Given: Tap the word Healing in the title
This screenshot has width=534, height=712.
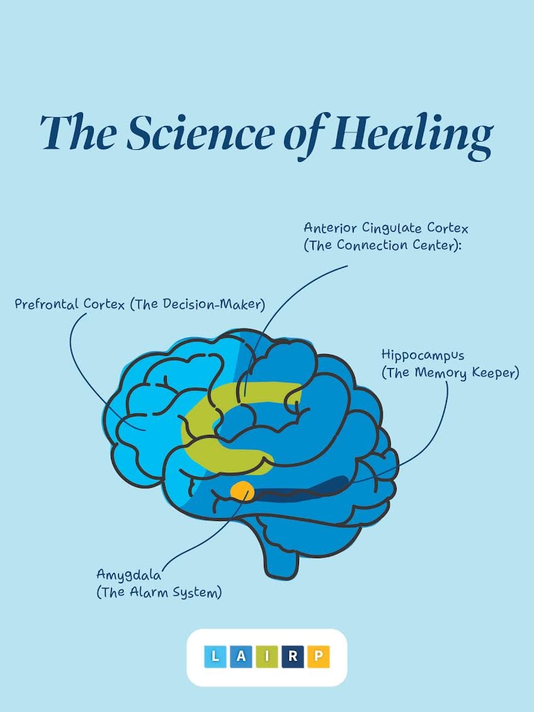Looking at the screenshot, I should coord(412,134).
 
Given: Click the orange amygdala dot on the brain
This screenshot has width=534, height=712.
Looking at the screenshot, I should coord(242,491).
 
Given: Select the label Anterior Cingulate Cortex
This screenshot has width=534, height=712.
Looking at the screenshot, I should coord(386,227).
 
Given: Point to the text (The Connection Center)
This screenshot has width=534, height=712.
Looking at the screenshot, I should coord(383,246).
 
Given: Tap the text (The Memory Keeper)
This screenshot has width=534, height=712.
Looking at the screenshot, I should coord(450,373).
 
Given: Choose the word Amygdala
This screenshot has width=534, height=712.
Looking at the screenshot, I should coord(129,575).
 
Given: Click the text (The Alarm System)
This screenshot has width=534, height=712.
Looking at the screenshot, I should coord(159,592).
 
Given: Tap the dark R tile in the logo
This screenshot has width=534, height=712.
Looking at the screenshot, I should coord(293,657).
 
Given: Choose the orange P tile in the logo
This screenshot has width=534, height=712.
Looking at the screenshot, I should coord(318,657).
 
